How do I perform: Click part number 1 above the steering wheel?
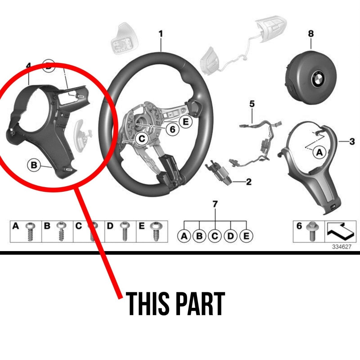tap(161, 34)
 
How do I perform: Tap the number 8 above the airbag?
tap(311, 34)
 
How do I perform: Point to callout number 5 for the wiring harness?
tap(252, 104)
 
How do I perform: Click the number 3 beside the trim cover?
tap(352, 142)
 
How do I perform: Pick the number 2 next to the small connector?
tap(249, 182)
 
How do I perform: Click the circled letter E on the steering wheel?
tap(185, 122)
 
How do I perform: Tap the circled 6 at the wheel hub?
tap(172, 129)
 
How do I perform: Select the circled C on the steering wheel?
tap(142, 139)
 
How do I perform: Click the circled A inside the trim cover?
tap(319, 153)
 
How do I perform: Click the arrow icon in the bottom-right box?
tap(340, 231)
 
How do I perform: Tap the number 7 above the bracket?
tap(215, 204)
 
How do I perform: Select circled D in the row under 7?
tap(230, 236)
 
